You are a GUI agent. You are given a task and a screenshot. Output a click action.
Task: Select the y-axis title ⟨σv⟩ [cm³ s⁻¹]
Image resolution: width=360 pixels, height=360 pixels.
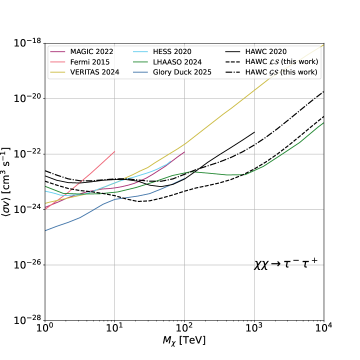(x=9, y=181)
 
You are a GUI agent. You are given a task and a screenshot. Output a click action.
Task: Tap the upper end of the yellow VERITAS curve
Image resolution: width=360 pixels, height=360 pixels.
(x=322, y=45)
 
